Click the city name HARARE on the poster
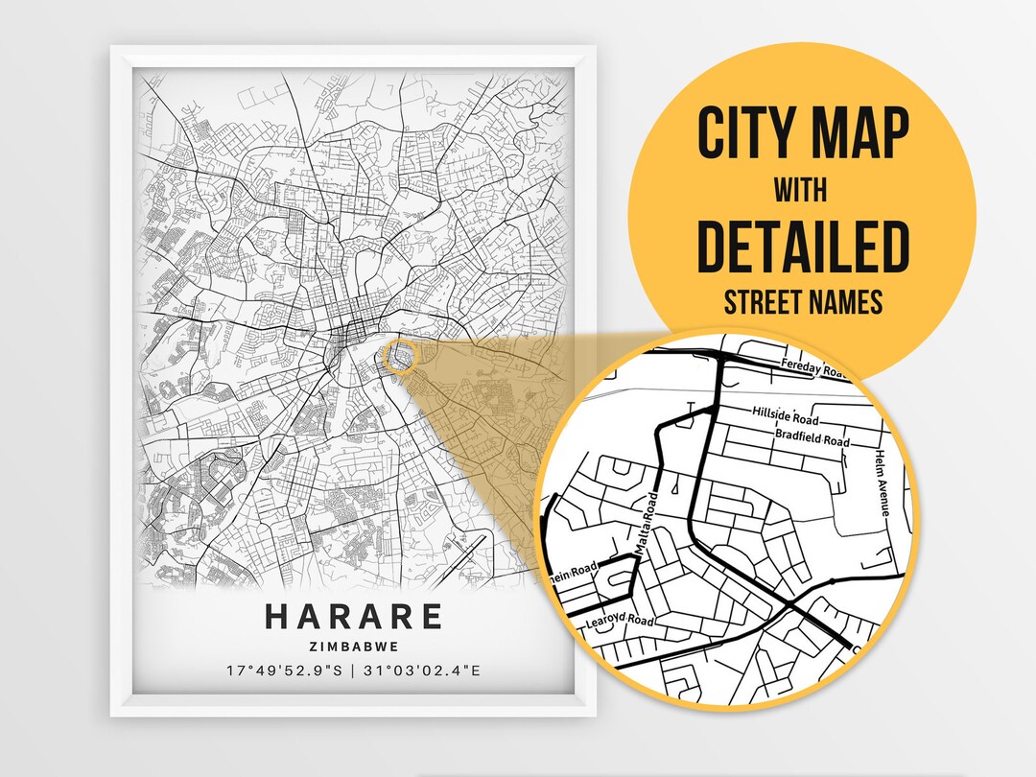coord(354,616)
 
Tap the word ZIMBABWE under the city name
coord(354,647)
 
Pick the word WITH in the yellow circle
coord(802,191)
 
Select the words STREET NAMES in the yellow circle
coord(802,303)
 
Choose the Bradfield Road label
coord(812,439)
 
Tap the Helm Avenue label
coord(887,487)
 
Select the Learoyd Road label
coord(619,623)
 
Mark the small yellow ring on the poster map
coord(400,357)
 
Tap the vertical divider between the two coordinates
coord(353,670)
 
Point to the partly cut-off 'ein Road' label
coord(573,572)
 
